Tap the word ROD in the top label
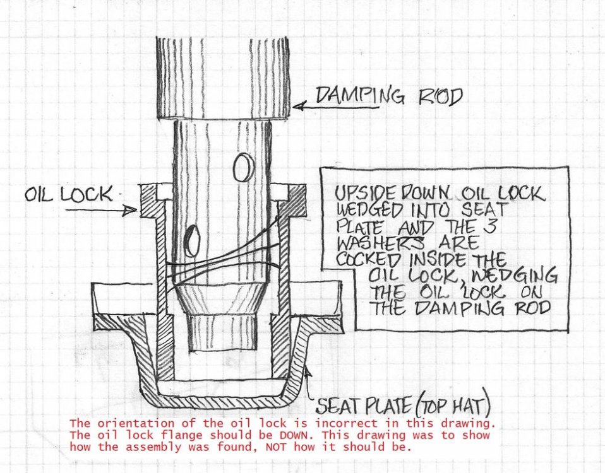[x=436, y=97]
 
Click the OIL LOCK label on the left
[x=68, y=193]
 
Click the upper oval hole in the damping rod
[x=241, y=168]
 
